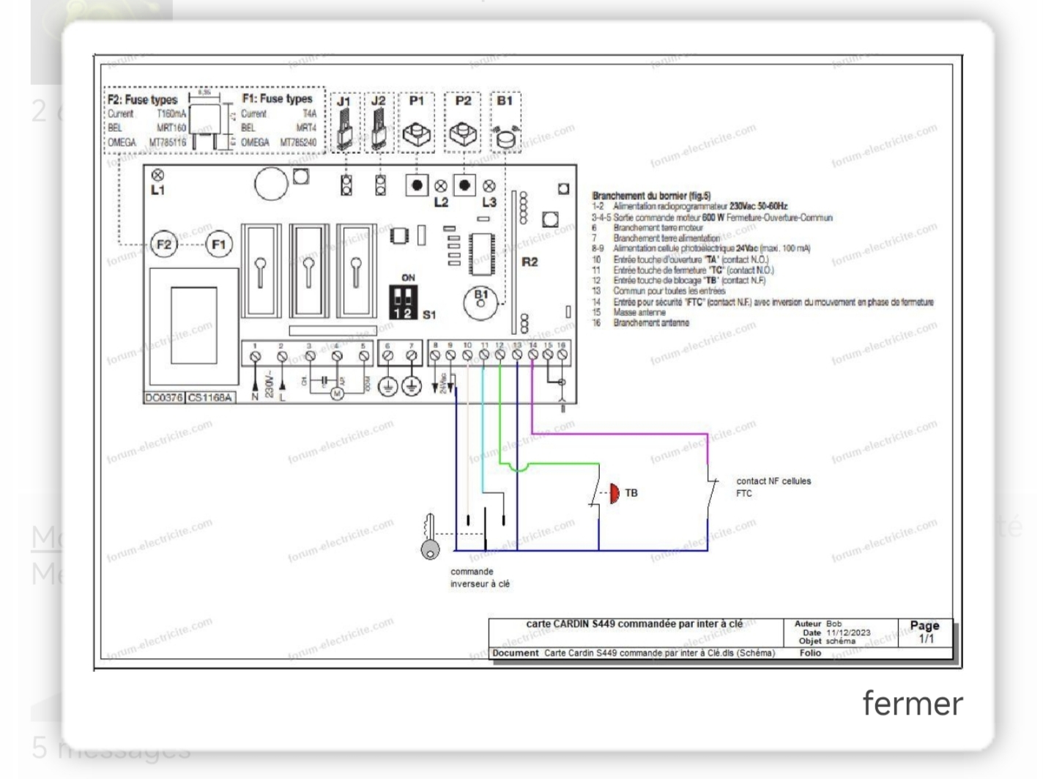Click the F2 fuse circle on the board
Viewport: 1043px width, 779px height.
coord(164,244)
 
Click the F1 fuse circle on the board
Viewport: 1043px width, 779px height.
coord(218,244)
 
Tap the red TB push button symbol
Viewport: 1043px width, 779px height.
coord(614,493)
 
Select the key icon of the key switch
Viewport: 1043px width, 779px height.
coord(430,537)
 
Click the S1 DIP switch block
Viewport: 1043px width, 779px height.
coord(403,301)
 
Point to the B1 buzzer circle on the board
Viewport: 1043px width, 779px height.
coord(480,300)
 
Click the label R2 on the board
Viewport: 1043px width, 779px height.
coord(530,262)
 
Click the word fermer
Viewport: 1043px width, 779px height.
coord(912,703)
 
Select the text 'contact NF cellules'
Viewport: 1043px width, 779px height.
coord(773,481)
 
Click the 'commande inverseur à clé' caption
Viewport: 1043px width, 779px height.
coord(480,577)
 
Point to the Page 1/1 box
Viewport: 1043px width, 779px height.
coord(924,632)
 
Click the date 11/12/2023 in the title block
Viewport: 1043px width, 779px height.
coord(848,632)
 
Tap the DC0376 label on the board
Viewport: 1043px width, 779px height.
coord(163,398)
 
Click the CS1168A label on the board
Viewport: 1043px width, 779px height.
coord(209,398)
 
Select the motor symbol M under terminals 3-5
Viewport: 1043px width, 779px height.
coord(337,394)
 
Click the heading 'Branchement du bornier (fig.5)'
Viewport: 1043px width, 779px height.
coord(651,196)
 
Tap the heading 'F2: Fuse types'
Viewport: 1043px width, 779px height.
coord(143,100)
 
